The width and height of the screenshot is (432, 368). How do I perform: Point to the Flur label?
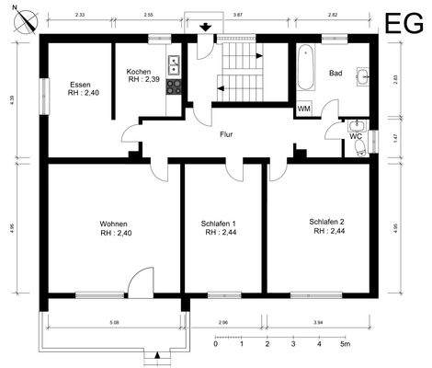(x=225, y=134)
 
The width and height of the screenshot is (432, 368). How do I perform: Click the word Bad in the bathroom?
(x=335, y=73)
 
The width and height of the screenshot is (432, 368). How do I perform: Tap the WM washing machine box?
(x=303, y=109)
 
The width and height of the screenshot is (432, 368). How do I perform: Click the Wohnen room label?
(x=114, y=224)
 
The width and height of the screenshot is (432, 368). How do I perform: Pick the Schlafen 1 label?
(x=218, y=224)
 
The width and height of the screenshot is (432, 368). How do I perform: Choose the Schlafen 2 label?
(x=326, y=222)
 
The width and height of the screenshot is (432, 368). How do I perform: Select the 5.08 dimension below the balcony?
(x=113, y=323)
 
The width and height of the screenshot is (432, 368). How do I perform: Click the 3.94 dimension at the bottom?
(x=318, y=323)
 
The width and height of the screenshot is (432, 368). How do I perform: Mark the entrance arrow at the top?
(x=205, y=27)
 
